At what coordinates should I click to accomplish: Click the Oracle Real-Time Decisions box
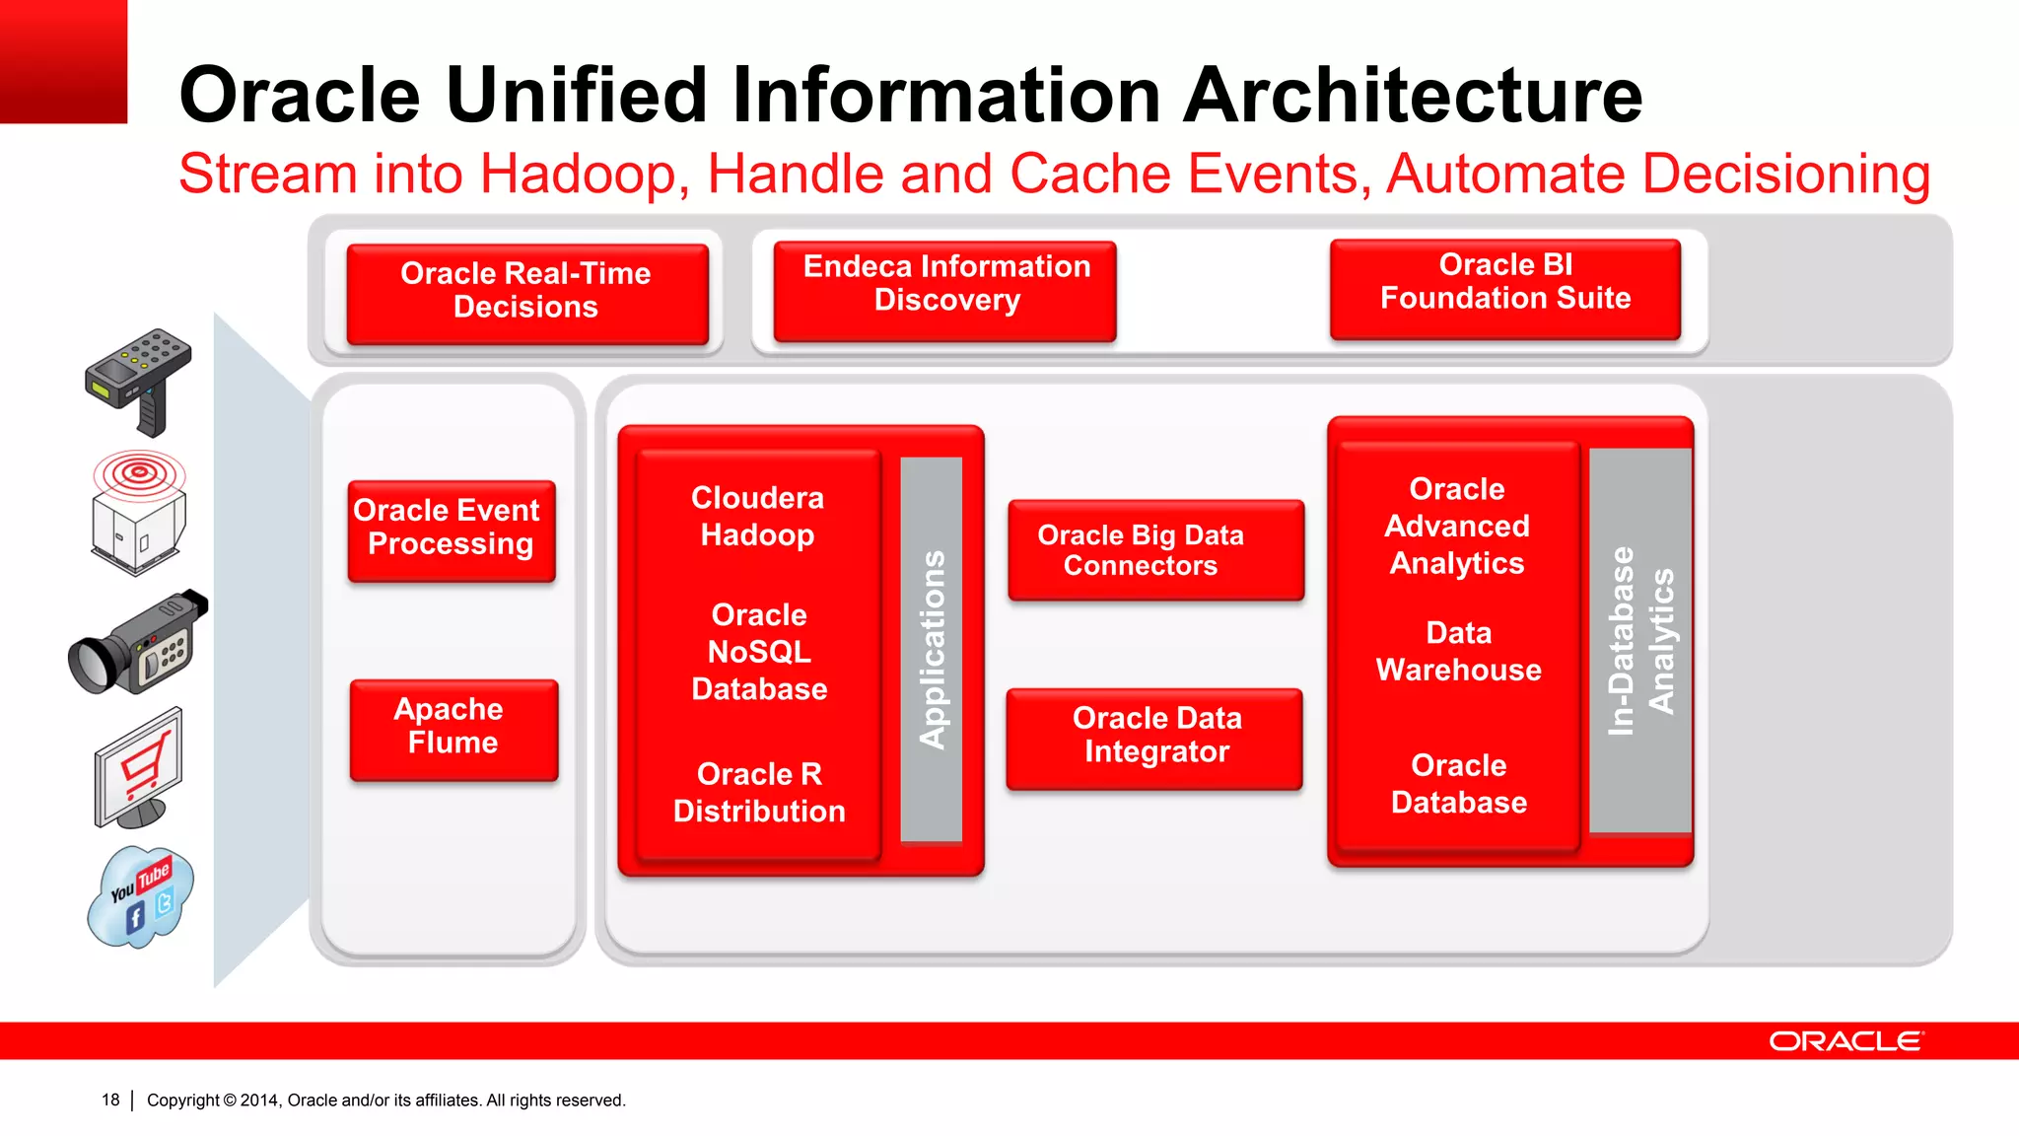526,292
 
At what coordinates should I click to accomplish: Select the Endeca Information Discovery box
944,290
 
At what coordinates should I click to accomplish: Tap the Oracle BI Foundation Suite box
1504,288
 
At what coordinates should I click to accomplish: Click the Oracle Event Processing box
451,530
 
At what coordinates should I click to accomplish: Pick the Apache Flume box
453,729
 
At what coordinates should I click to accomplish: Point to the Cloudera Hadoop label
757,517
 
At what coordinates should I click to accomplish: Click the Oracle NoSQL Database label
759,652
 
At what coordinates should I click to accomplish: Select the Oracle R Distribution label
759,792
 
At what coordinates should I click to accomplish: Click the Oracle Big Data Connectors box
1155,549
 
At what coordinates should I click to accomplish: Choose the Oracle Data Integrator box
1154,737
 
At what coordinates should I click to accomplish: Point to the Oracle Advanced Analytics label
1457,527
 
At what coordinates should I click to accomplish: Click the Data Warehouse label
1458,651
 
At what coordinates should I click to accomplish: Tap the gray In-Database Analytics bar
1639,641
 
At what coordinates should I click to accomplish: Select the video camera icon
138,644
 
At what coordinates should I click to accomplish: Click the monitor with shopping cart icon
139,769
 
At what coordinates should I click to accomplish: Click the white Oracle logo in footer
1845,1041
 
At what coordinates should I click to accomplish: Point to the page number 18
110,1100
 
